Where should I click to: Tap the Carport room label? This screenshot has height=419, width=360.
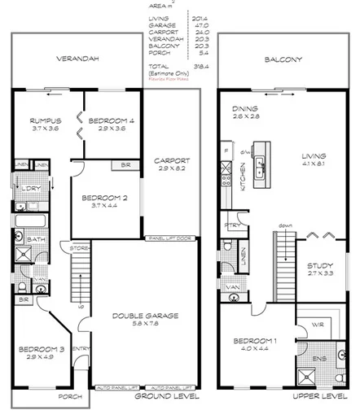(x=172, y=161)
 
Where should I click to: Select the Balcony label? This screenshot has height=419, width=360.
(x=283, y=59)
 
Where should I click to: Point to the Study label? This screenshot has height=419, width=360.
(x=318, y=265)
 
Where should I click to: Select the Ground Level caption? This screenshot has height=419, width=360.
(x=165, y=397)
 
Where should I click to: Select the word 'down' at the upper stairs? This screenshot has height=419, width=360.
(x=285, y=225)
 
